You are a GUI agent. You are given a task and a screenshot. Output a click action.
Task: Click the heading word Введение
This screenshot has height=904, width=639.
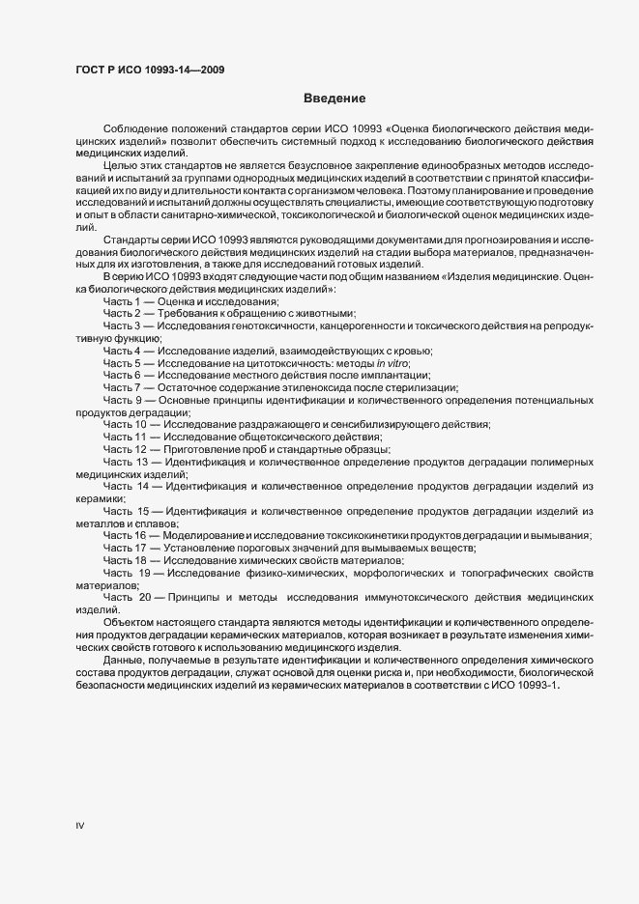[334, 99]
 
